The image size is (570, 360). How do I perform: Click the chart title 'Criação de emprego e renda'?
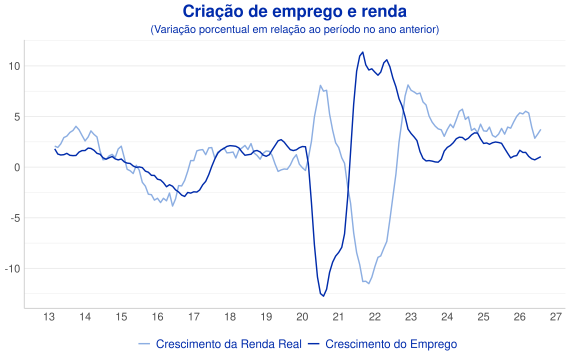(x=294, y=12)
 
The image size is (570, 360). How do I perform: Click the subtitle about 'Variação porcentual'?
(x=294, y=29)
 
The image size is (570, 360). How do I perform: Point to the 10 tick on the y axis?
(x=15, y=66)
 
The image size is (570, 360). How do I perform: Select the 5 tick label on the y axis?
(x=17, y=117)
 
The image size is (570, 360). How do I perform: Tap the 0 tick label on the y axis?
(x=17, y=167)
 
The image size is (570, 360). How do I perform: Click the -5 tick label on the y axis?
(x=16, y=218)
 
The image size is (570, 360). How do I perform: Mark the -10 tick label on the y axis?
(x=13, y=269)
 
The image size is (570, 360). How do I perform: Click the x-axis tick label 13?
(x=49, y=317)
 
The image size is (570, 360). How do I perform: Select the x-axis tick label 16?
(x=157, y=317)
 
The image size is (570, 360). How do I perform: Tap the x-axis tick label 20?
(x=302, y=317)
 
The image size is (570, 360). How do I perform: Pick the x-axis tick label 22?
(x=374, y=317)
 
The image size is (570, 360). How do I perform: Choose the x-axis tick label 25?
(x=483, y=317)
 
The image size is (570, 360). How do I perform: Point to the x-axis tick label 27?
(x=555, y=317)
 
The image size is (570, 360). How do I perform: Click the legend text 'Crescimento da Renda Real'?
(x=229, y=344)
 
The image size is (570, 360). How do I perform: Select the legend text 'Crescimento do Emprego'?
(x=391, y=344)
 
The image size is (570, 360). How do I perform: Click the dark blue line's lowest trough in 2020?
(x=323, y=296)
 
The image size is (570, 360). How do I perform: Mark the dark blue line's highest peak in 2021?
(x=362, y=52)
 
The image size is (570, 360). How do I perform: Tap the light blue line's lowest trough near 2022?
(x=369, y=283)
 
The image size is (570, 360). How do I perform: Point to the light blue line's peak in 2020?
(x=320, y=86)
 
